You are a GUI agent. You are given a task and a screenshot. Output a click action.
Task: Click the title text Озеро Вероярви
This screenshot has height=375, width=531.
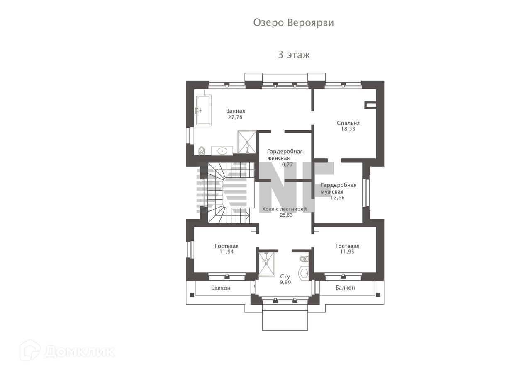point(293,23)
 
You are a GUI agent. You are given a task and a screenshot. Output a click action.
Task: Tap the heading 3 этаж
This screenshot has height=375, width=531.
point(294,55)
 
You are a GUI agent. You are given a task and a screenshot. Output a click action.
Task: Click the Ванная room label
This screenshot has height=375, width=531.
point(235,111)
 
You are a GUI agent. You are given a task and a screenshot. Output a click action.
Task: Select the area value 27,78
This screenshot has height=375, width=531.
point(235,117)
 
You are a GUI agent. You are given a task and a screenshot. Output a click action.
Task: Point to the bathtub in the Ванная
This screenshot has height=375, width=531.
point(203,111)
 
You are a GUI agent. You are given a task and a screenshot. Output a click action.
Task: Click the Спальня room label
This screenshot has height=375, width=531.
point(348,123)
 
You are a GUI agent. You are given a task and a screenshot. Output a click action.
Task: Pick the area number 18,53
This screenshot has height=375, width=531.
point(348,129)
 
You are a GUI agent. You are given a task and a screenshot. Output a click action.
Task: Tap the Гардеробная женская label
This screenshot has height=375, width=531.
point(285,155)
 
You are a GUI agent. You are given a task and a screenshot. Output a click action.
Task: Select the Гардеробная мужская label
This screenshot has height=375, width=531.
point(339,188)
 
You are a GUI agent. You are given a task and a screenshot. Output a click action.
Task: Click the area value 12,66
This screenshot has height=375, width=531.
point(338,197)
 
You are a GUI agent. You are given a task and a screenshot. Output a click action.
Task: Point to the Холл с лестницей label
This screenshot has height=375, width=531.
point(285,209)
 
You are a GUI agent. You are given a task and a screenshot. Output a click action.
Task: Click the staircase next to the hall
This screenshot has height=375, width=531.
point(229,192)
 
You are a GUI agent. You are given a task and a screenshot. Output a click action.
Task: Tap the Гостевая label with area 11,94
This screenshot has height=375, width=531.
point(227,246)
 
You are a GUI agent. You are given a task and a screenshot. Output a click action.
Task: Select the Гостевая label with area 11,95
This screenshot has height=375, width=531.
point(347,246)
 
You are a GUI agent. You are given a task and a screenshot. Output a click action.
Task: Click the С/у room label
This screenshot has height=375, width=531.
point(285,276)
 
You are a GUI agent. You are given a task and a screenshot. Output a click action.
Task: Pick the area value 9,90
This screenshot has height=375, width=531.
point(285,282)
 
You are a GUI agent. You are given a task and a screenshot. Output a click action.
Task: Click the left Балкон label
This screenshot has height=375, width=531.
point(221,288)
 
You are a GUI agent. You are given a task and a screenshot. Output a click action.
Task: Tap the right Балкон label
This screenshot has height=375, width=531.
point(345,288)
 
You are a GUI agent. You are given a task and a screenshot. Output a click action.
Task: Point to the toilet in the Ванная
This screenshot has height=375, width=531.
point(202,150)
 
